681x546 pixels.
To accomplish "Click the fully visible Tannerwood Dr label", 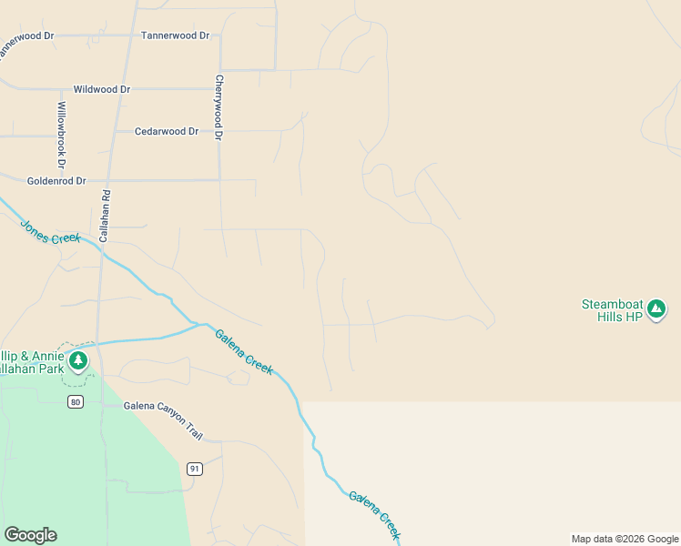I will tap(176, 35).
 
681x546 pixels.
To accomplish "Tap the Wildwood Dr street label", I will tap(102, 90).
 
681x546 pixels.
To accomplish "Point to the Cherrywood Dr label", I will tap(219, 107).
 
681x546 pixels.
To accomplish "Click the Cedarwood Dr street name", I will tap(167, 132).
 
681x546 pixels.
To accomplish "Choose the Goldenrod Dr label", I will tap(56, 181).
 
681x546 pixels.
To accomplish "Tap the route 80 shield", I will tap(76, 401).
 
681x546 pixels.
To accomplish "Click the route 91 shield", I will tap(194, 469).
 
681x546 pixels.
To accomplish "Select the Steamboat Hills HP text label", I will tap(612, 310).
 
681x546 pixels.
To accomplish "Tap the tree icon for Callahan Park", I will tap(80, 361).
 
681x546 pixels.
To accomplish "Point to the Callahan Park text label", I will tap(32, 362).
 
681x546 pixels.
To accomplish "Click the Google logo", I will tap(30, 535).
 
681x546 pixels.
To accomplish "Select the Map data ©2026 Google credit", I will tap(625, 539).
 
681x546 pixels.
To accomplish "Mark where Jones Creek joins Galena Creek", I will tap(197, 324).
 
